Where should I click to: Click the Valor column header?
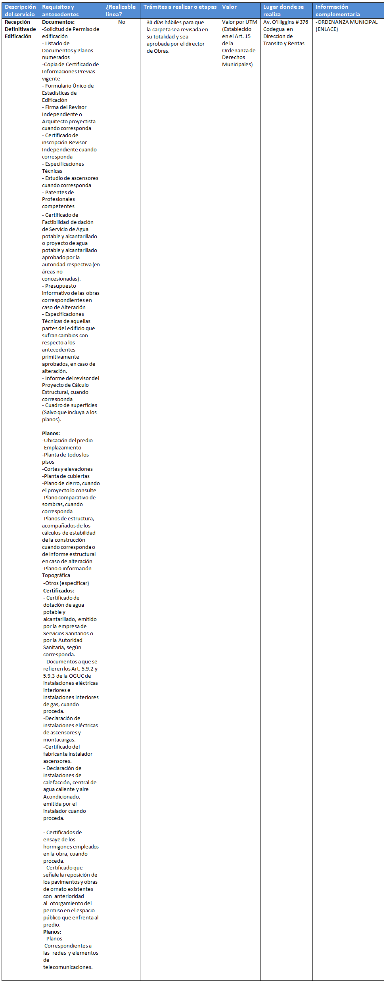(x=229, y=7)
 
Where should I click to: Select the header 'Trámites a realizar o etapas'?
(x=180, y=7)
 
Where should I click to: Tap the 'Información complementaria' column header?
(x=337, y=11)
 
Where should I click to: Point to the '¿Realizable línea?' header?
(x=121, y=11)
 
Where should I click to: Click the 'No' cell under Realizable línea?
(x=122, y=22)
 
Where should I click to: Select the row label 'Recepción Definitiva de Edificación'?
(x=20, y=29)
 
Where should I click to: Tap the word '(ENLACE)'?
(x=327, y=29)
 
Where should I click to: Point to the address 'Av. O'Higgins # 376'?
(x=285, y=22)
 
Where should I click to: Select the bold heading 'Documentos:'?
(x=58, y=22)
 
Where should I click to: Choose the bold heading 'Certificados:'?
(x=59, y=590)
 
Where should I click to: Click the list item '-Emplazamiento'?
(x=62, y=447)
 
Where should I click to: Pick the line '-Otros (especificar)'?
(x=66, y=583)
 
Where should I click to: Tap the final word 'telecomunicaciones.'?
(x=68, y=967)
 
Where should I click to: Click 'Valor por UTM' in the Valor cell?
(x=239, y=22)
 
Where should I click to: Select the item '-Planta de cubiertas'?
(x=66, y=476)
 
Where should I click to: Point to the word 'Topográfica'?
(x=56, y=575)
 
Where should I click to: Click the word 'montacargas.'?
(x=59, y=739)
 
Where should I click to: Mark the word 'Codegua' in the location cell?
(x=274, y=29)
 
